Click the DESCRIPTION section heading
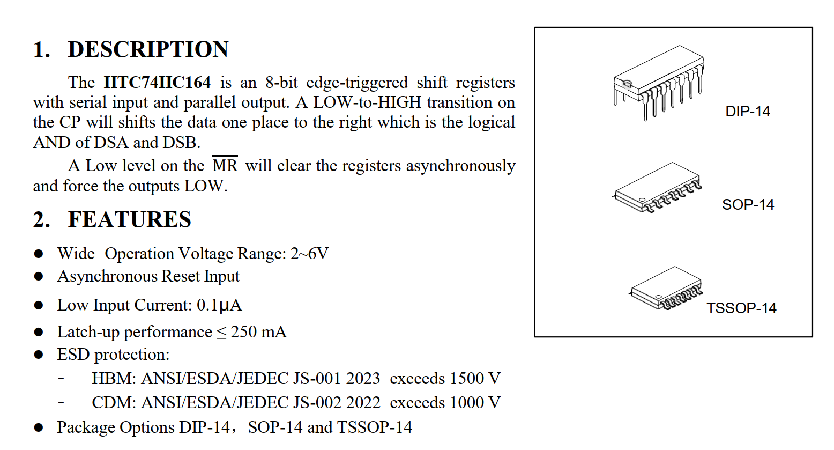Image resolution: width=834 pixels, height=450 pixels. pos(148,49)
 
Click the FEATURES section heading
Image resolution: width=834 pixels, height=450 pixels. pos(129,220)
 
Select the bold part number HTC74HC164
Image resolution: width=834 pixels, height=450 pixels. pos(157,83)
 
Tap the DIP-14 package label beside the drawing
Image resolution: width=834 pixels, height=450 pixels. pos(747,112)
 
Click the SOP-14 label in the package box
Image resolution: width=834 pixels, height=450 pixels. pos(748,205)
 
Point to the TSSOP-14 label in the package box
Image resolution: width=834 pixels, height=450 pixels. pos(741,308)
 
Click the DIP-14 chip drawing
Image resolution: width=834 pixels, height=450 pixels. pos(659,83)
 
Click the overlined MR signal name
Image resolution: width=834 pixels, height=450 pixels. pos(225,165)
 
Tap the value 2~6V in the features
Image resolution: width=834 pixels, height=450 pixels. pos(309,253)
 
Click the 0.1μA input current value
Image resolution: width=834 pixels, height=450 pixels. pos(219,305)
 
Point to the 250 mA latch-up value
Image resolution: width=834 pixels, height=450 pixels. pos(258,332)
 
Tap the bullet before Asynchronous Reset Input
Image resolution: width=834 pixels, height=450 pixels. pos(39,276)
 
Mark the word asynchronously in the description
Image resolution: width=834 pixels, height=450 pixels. pos(460,166)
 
